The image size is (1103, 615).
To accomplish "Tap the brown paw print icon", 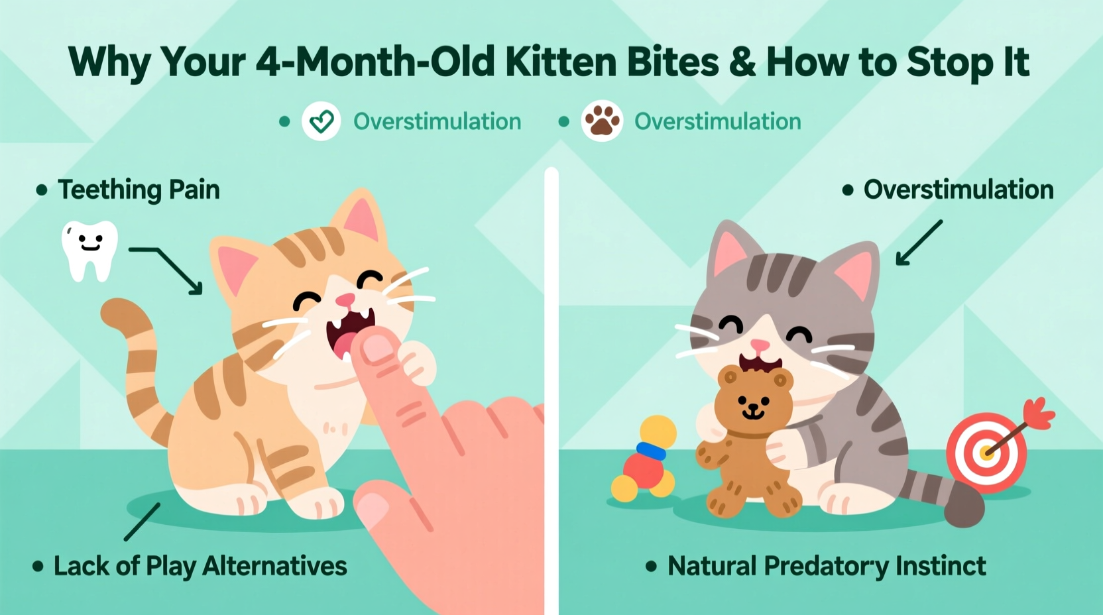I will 602,121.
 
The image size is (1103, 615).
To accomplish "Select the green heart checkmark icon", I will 321,121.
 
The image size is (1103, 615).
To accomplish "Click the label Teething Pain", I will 139,190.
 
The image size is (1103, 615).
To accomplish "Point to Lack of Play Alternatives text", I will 200,566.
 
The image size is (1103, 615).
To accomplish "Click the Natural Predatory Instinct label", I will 826,566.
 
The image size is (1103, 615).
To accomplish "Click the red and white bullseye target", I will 986,452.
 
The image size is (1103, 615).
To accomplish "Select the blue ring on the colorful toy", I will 651,451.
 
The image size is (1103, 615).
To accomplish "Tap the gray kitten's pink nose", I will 760,345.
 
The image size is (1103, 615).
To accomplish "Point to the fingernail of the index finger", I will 378,347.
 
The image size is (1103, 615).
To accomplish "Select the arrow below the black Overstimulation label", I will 918,243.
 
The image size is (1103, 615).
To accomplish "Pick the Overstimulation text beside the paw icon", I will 717,121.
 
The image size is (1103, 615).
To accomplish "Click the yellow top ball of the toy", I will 658,431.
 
